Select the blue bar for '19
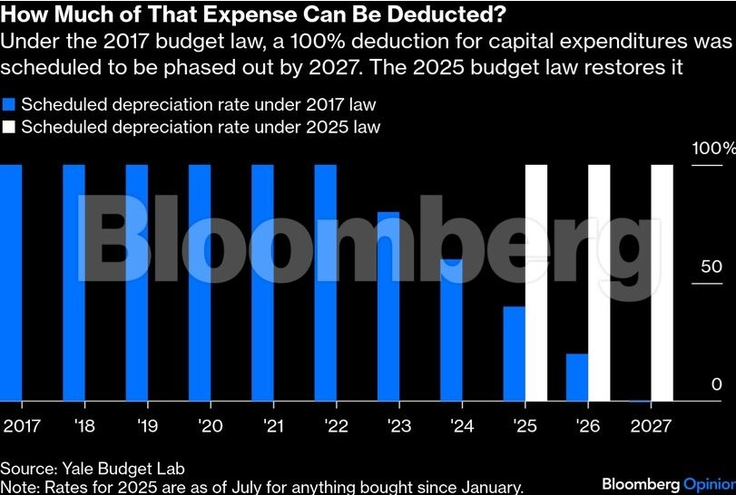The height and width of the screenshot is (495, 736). pyautogui.click(x=136, y=282)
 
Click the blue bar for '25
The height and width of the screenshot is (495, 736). pyautogui.click(x=514, y=353)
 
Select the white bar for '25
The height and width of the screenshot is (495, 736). pyautogui.click(x=537, y=282)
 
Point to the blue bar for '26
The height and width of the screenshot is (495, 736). pyautogui.click(x=577, y=376)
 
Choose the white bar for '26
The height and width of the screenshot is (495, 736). pyautogui.click(x=600, y=282)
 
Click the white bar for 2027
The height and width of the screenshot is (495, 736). pyautogui.click(x=662, y=282)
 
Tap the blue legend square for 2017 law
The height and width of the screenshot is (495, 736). pyautogui.click(x=9, y=104)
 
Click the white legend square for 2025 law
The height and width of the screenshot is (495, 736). pyautogui.click(x=9, y=127)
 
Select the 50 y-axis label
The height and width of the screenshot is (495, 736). pyautogui.click(x=711, y=267)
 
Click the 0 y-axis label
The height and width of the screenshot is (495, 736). pyautogui.click(x=717, y=385)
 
